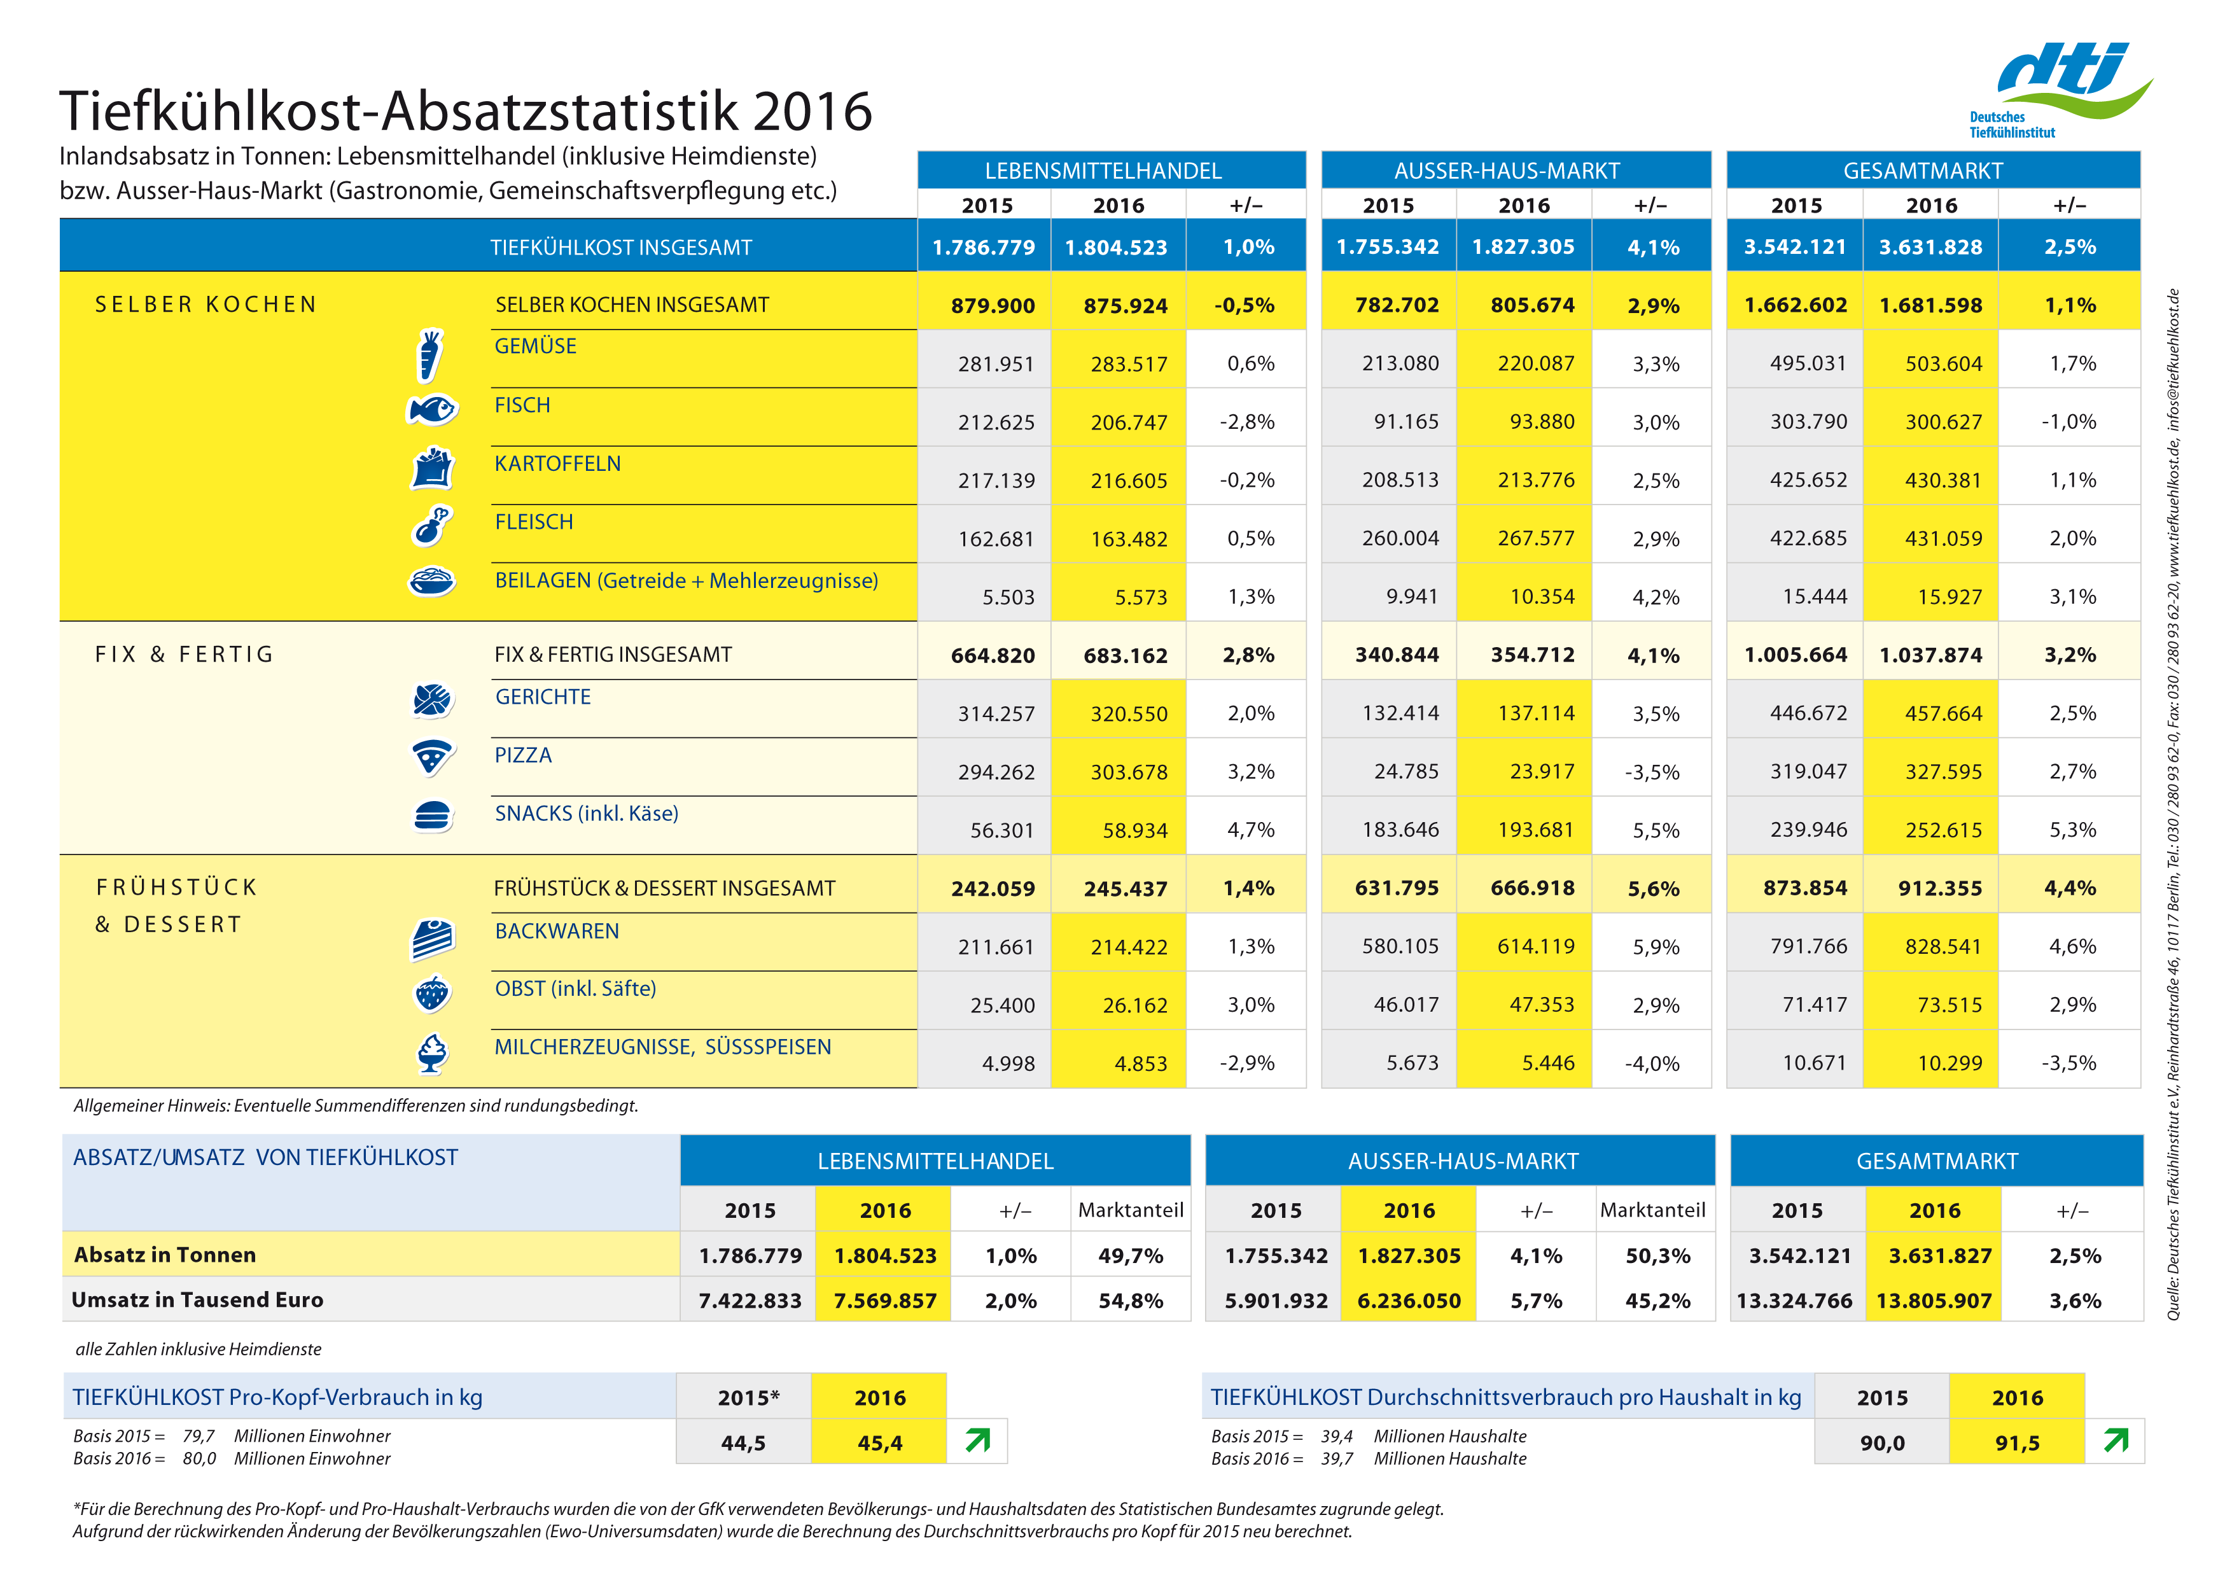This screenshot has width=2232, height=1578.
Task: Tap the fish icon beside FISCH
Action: (431, 409)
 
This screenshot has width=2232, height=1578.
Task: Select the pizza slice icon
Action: (431, 757)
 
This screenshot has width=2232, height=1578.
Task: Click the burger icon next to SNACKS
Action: (431, 816)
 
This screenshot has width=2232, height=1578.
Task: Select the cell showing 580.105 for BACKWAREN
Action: (1399, 946)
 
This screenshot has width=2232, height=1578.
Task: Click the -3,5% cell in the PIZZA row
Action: (1652, 772)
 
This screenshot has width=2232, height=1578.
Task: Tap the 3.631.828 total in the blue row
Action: (1930, 247)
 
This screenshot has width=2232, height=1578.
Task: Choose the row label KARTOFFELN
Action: (557, 464)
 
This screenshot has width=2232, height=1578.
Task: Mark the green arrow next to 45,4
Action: (978, 1440)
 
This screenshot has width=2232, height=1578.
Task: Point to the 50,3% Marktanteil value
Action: (1657, 1255)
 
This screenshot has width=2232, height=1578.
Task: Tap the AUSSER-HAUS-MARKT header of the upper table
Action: (1506, 171)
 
